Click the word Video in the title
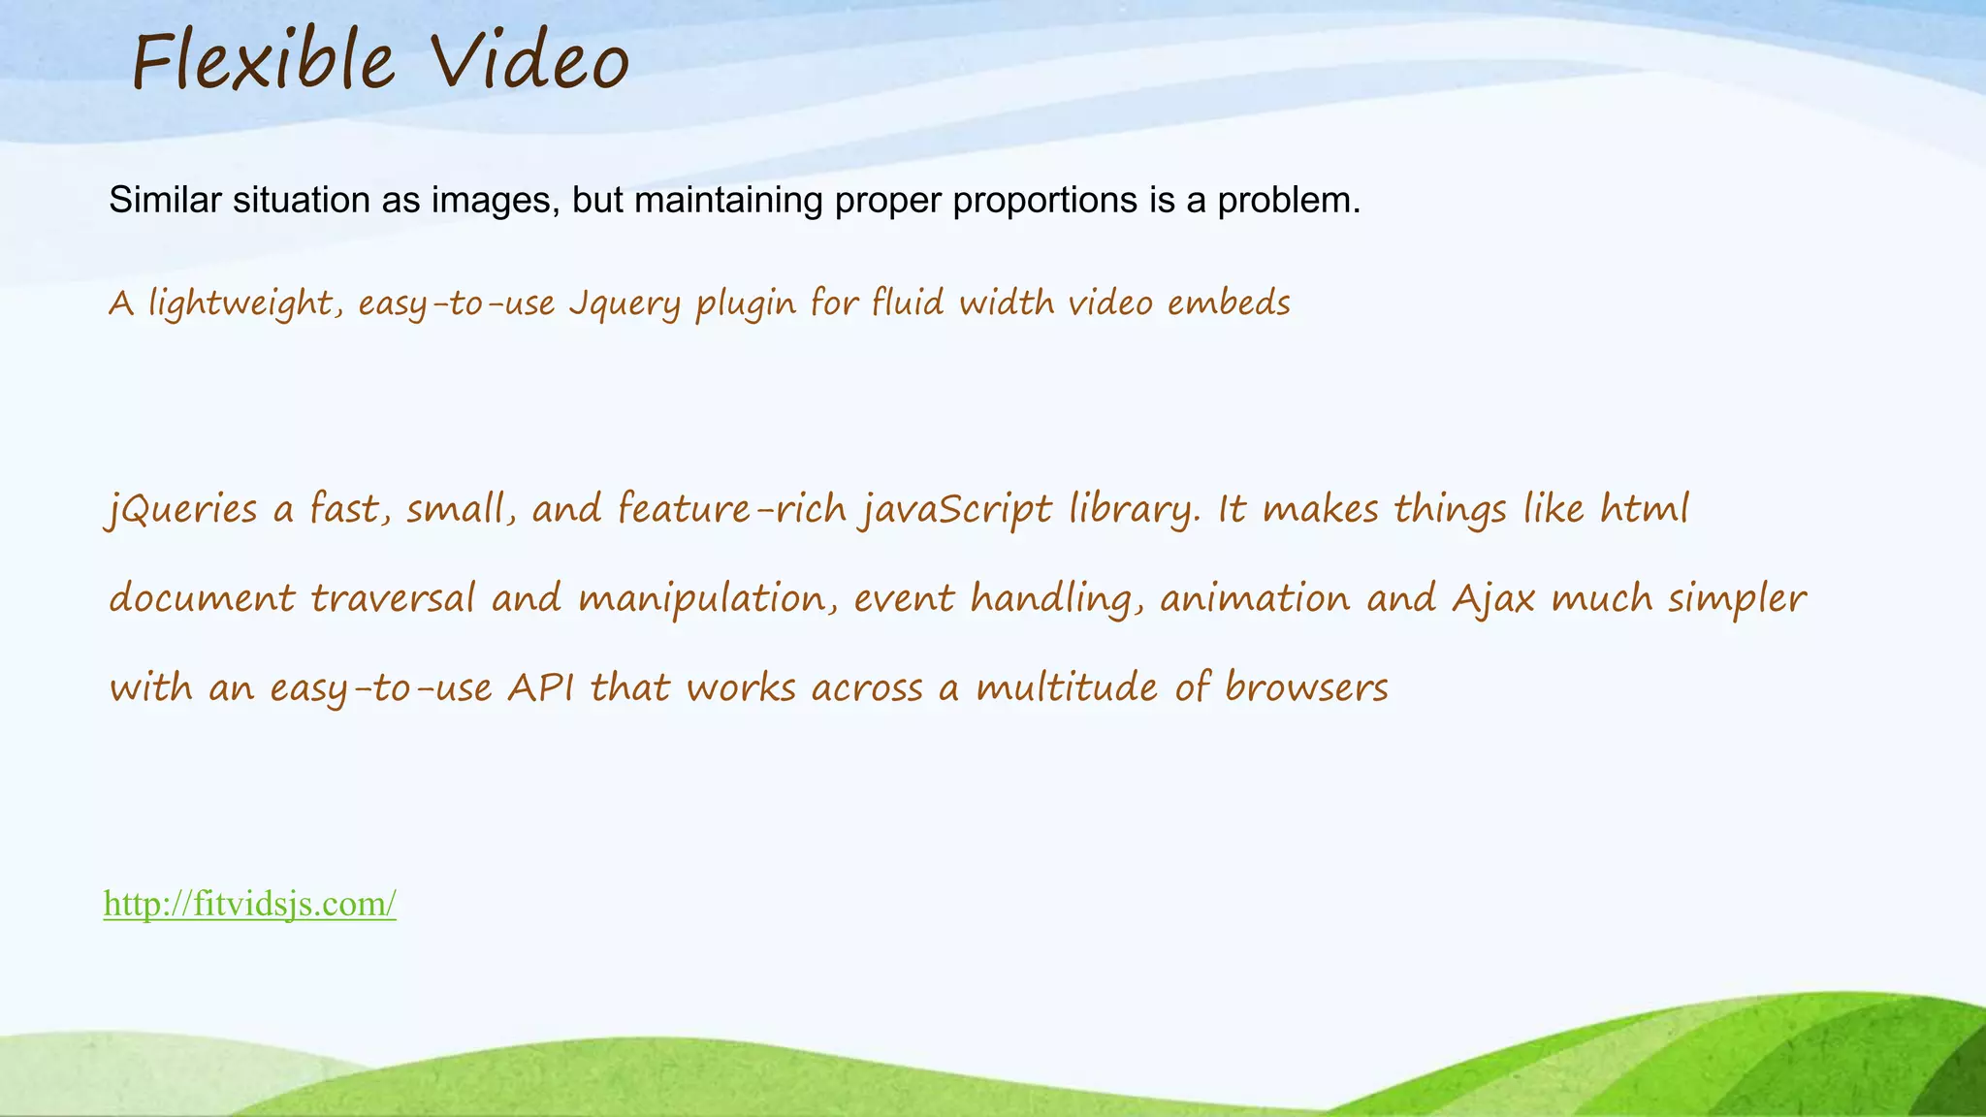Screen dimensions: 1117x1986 (x=530, y=62)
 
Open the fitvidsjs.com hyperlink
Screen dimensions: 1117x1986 (x=250, y=904)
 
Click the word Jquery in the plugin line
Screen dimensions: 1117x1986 (x=625, y=303)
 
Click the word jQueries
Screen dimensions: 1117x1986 (x=181, y=509)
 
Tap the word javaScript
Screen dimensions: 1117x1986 (x=955, y=509)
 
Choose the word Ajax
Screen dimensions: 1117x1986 (x=1493, y=598)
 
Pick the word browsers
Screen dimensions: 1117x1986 (x=1306, y=687)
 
